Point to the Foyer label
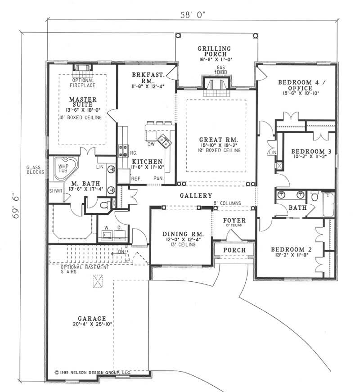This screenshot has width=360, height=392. (x=234, y=221)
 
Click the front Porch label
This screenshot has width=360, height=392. (x=234, y=250)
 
